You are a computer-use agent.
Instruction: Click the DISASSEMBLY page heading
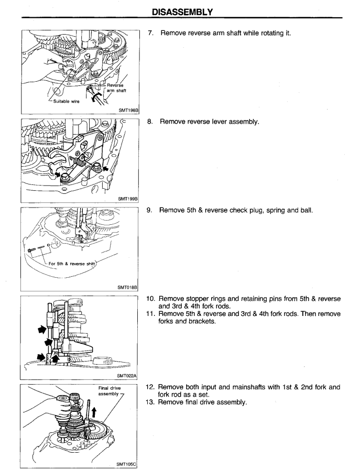coord(182,12)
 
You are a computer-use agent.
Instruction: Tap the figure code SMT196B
coord(128,111)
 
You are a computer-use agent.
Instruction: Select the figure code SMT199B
coord(128,199)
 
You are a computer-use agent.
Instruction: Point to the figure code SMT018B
coord(127,288)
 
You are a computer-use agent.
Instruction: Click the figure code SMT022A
coord(127,376)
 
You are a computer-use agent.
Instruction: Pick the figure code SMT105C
coord(126,464)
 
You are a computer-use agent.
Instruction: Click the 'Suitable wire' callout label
coord(66,101)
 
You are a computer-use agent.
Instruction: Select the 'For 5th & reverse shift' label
coord(72,264)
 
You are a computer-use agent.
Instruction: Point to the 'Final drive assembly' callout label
coord(109,391)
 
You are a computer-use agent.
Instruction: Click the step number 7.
coord(150,33)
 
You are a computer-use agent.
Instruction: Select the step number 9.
coord(149,210)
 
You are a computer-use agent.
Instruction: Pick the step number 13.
coord(150,402)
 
